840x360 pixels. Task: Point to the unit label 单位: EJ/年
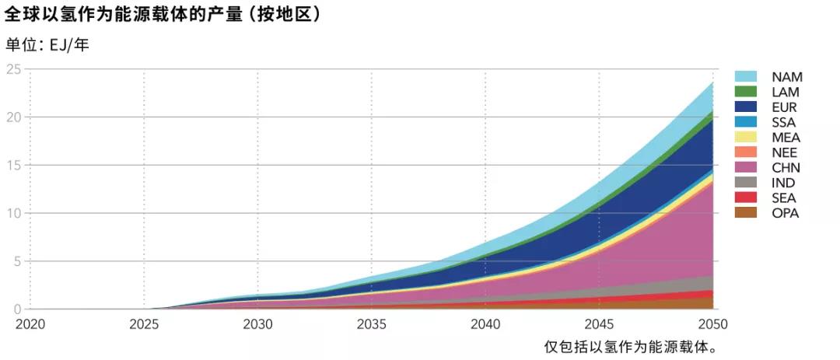pyautogui.click(x=47, y=45)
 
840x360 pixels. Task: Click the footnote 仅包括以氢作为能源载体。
pyautogui.click(x=629, y=346)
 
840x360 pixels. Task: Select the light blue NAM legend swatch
pyautogui.click(x=746, y=77)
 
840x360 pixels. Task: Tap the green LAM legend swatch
pyautogui.click(x=746, y=92)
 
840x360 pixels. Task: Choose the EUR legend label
pyautogui.click(x=784, y=107)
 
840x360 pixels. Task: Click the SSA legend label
pyautogui.click(x=784, y=122)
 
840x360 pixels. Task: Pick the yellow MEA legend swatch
pyautogui.click(x=746, y=138)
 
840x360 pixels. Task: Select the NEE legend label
pyautogui.click(x=784, y=152)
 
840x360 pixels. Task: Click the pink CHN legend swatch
pyautogui.click(x=746, y=168)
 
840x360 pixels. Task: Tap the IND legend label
pyautogui.click(x=783, y=183)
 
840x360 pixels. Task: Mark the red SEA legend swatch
pyautogui.click(x=746, y=197)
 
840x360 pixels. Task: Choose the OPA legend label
pyautogui.click(x=784, y=213)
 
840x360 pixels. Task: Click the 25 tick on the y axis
pyautogui.click(x=13, y=69)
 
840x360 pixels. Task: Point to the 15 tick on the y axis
pyautogui.click(x=13, y=165)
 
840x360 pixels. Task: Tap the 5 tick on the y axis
pyautogui.click(x=16, y=261)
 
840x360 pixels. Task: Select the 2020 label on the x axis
pyautogui.click(x=30, y=323)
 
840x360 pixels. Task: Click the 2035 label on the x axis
pyautogui.click(x=371, y=323)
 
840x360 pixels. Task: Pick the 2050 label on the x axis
pyautogui.click(x=712, y=323)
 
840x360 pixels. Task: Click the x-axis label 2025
pyautogui.click(x=144, y=323)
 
